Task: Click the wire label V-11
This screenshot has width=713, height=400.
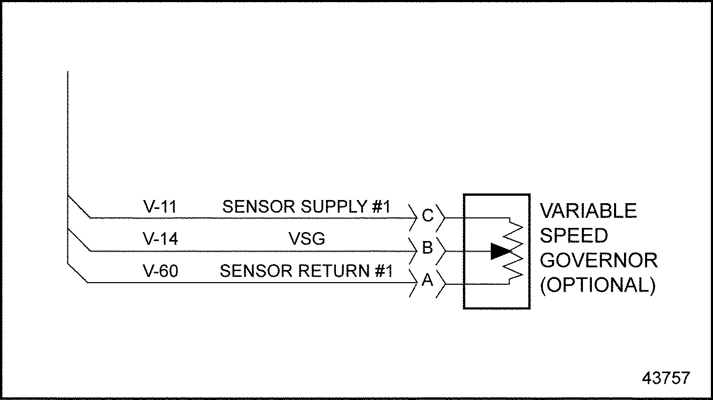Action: tap(160, 207)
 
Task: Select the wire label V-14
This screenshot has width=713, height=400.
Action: tap(161, 239)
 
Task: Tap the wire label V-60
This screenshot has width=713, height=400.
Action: tap(161, 271)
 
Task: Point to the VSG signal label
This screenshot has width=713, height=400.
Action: tap(307, 239)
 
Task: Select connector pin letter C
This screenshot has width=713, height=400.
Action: tap(428, 216)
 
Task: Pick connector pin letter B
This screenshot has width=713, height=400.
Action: tap(428, 248)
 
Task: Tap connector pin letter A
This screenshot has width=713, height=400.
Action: tap(428, 280)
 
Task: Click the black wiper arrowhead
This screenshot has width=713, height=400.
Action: tap(501, 251)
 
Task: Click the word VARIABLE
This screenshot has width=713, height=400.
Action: tap(588, 211)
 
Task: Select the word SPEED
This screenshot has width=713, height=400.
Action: tap(573, 236)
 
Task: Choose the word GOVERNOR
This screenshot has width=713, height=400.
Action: tap(599, 261)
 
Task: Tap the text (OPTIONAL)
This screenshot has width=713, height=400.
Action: tap(598, 285)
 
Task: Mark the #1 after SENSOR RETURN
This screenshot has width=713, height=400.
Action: tap(383, 271)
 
